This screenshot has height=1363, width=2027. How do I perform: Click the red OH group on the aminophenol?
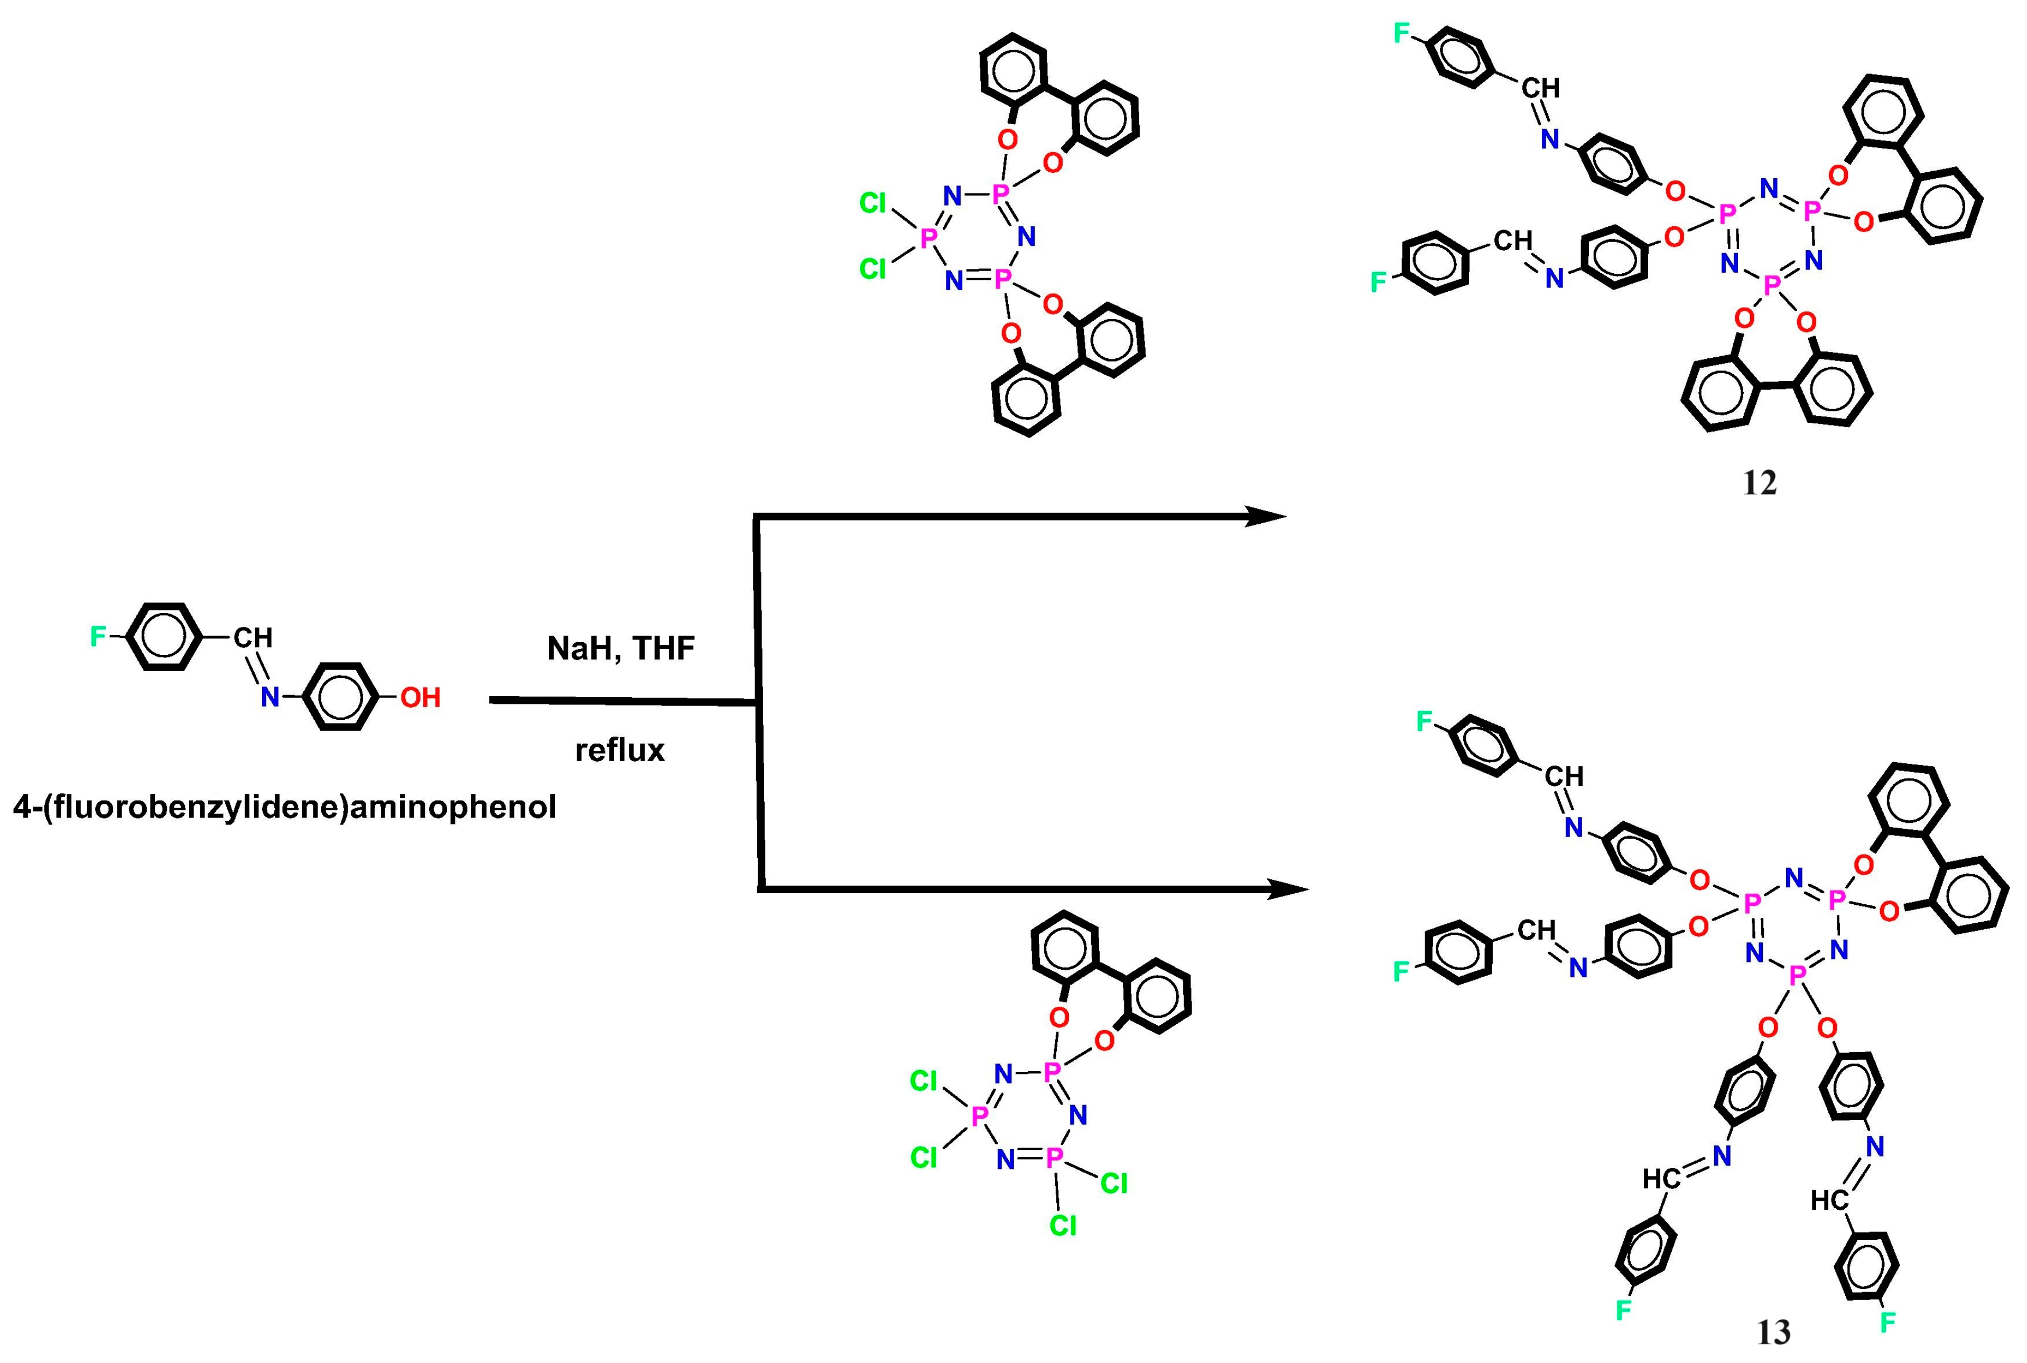pyautogui.click(x=420, y=697)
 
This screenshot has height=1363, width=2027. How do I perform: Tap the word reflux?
pyautogui.click(x=620, y=750)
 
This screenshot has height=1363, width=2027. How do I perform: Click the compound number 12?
pyautogui.click(x=1759, y=483)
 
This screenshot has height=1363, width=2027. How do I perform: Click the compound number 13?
pyautogui.click(x=1773, y=1332)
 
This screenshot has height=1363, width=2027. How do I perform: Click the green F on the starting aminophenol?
pyautogui.click(x=98, y=637)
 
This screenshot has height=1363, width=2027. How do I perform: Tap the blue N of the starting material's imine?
pyautogui.click(x=271, y=697)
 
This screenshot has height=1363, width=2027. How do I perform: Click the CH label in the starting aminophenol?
pyautogui.click(x=253, y=638)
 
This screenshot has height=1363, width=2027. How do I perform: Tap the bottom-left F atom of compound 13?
pyautogui.click(x=1623, y=1310)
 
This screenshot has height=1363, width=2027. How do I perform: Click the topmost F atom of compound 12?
pyautogui.click(x=1401, y=33)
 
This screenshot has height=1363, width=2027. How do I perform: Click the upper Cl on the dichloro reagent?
pyautogui.click(x=873, y=202)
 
